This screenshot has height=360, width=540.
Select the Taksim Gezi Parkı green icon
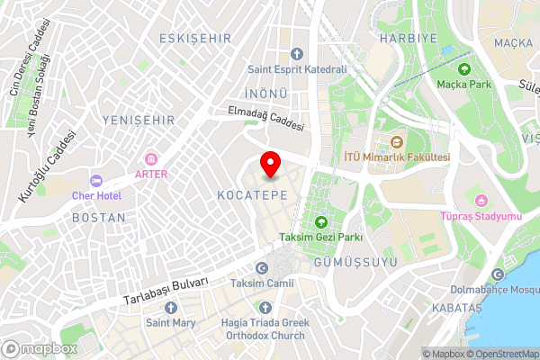[x=321, y=222]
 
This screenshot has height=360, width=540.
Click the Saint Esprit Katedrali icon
[x=297, y=54]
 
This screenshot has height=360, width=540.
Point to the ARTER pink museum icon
[x=150, y=158]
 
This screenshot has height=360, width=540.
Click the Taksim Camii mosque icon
[x=262, y=267]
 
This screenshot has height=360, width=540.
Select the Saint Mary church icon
[x=171, y=306]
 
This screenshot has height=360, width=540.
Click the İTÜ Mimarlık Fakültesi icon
[x=397, y=141]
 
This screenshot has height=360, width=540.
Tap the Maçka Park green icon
[x=464, y=69]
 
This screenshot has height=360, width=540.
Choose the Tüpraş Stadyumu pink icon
[x=481, y=200]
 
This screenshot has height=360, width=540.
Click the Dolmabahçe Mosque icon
[x=498, y=274]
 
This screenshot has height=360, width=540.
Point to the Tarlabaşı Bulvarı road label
[x=166, y=290]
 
